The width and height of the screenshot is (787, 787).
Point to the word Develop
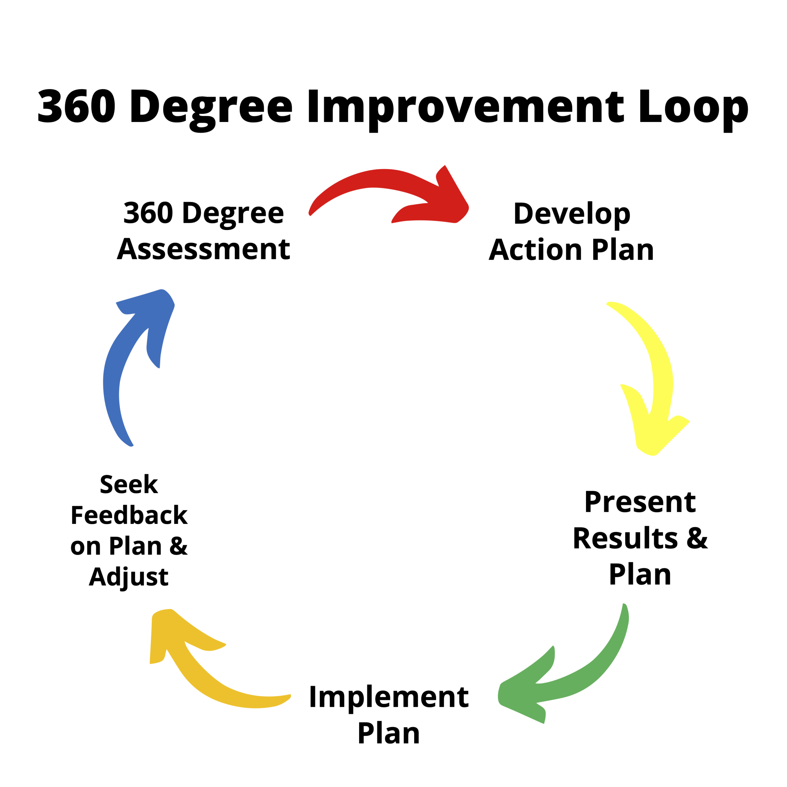click(571, 214)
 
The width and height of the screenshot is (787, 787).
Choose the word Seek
click(129, 484)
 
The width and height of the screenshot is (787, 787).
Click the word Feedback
click(129, 515)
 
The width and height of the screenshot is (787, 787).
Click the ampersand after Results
click(697, 539)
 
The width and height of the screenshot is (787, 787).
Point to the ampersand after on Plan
click(178, 546)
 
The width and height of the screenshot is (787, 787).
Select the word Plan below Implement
click(389, 733)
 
